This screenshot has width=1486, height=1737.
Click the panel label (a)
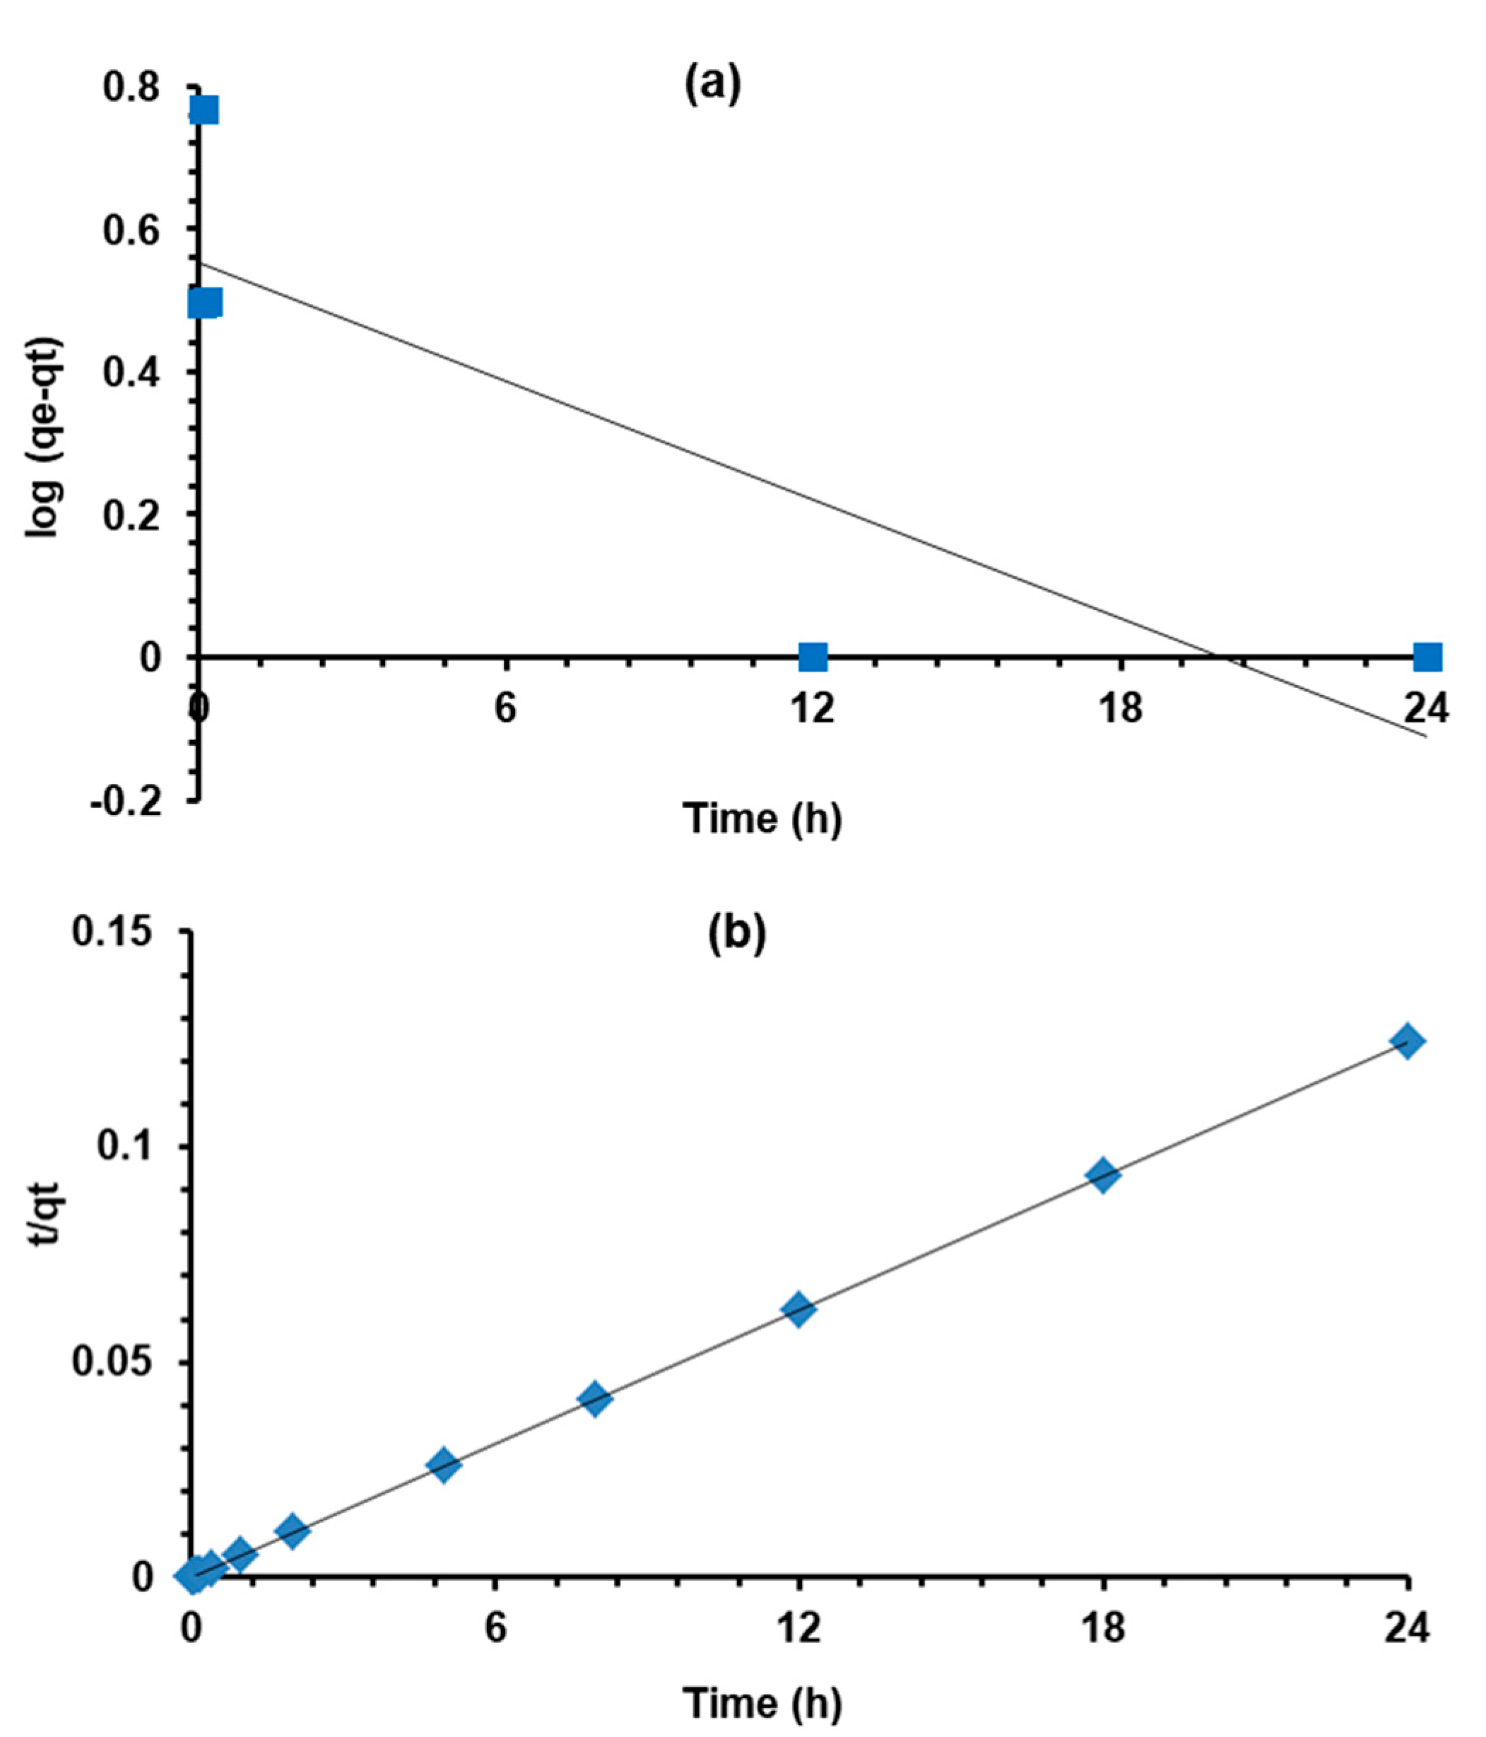point(712,86)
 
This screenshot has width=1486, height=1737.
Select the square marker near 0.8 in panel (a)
point(204,110)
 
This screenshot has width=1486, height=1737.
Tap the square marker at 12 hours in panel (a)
point(812,657)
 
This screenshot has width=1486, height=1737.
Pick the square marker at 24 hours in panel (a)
point(1427,657)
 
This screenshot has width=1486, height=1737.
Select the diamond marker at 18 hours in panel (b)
point(1103,1176)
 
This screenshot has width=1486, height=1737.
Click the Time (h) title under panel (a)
point(762,818)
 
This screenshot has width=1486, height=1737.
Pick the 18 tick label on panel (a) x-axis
point(1121,709)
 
